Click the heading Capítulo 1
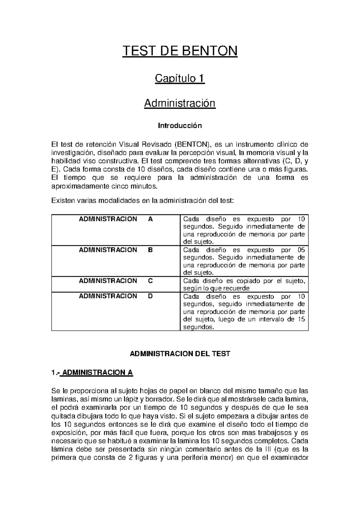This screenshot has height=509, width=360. (x=180, y=79)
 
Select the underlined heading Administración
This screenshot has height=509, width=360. (x=180, y=103)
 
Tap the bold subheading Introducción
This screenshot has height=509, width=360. (x=180, y=125)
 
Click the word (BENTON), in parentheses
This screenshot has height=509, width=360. (x=192, y=145)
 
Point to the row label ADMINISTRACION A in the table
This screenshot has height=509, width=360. (x=116, y=219)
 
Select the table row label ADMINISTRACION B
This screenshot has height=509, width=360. (x=116, y=250)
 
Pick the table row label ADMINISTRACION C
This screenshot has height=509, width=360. (x=116, y=281)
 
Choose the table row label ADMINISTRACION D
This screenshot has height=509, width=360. (x=116, y=296)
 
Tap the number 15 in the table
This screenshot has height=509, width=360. (x=301, y=319)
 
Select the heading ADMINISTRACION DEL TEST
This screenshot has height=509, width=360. (x=180, y=354)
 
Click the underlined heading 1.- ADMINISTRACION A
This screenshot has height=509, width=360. (x=92, y=373)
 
